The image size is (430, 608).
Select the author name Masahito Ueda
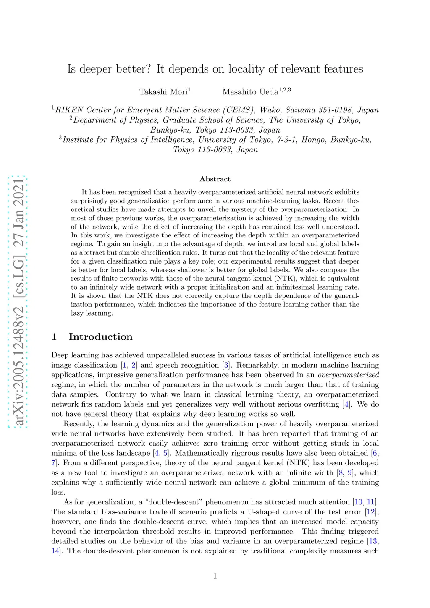click(250, 91)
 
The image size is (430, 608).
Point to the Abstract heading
click(215, 179)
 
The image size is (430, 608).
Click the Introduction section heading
click(100, 337)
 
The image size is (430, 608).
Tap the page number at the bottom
click(215, 576)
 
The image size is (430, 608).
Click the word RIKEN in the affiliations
click(69, 110)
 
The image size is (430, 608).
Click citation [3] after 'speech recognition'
click(226, 365)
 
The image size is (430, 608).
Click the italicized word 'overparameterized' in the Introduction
click(348, 375)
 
